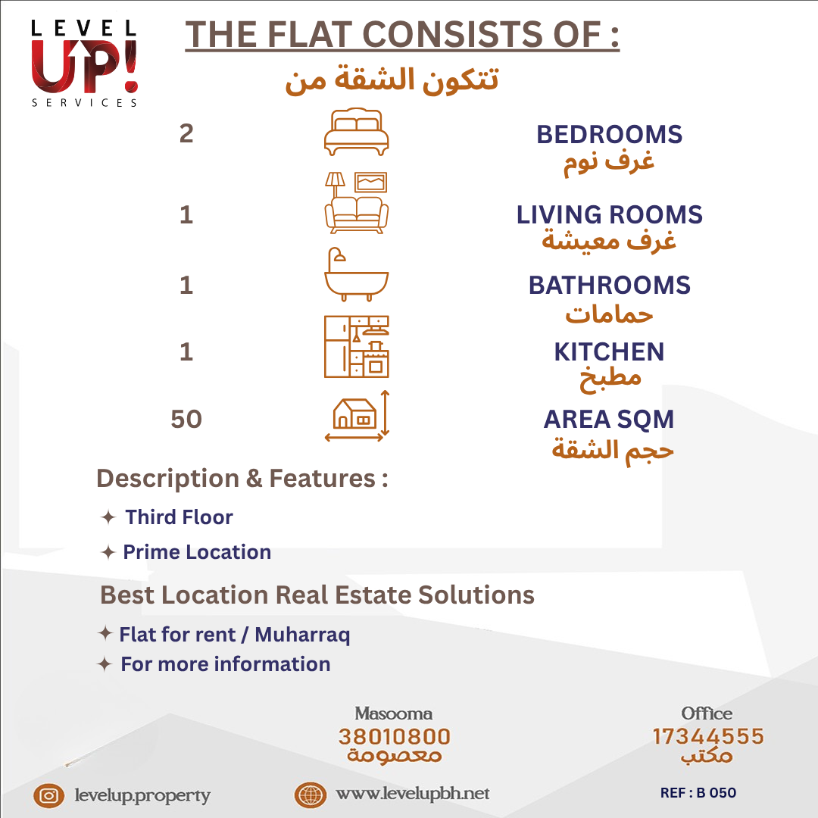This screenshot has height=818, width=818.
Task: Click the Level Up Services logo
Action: tap(85, 64)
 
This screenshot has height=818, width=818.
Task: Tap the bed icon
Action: tap(356, 132)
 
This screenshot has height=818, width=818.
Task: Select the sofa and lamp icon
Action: tap(356, 202)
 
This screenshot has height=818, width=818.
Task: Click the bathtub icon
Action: tap(356, 274)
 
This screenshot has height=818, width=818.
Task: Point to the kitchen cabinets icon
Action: tap(356, 346)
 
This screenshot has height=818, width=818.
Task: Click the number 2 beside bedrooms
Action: tap(186, 133)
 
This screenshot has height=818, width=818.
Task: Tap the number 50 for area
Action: tap(186, 419)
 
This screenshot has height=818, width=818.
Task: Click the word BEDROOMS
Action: tap(609, 135)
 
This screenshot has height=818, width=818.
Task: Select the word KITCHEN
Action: tap(609, 352)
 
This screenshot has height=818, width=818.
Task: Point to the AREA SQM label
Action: tap(609, 420)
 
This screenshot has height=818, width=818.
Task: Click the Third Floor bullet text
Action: tap(179, 517)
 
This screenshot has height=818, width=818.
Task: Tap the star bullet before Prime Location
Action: tap(108, 552)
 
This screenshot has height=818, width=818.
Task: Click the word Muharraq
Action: tap(302, 635)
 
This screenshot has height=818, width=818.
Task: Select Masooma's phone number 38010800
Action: tap(395, 737)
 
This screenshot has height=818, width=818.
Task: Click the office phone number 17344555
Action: tap(708, 737)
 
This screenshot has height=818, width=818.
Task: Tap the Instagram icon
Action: tap(49, 795)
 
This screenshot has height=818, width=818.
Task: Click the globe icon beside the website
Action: tap(311, 795)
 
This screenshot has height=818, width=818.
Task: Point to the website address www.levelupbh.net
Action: tap(413, 794)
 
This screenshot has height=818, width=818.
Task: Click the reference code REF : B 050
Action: tap(698, 793)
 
